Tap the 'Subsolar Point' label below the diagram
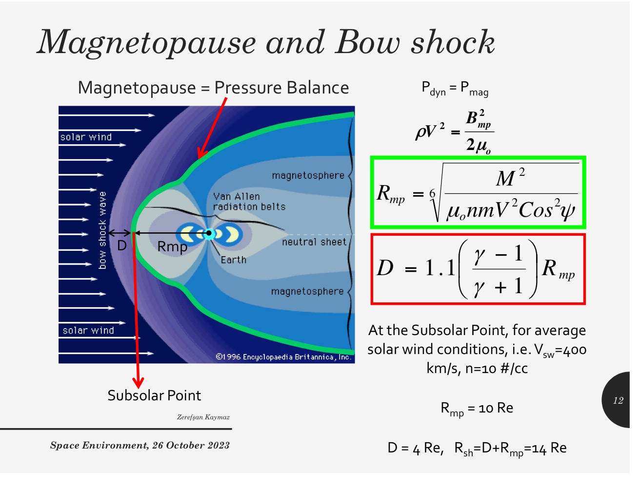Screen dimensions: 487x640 tap(154, 395)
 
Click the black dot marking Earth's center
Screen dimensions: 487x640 tap(209, 233)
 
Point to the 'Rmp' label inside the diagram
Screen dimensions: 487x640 tap(172, 247)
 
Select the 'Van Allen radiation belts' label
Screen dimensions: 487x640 tap(249, 201)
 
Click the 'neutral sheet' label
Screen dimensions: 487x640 tap(314, 242)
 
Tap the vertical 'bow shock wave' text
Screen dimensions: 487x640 tap(102, 230)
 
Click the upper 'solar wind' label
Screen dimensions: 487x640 tap(86, 137)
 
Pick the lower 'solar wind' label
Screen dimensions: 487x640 tap(88, 330)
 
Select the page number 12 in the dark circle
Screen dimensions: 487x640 tap(618, 400)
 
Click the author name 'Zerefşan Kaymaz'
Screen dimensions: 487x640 tap(203, 417)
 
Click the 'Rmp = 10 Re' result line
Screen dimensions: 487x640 tap(477, 409)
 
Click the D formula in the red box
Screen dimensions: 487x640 tap(478, 269)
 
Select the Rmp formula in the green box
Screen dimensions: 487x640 tap(478, 193)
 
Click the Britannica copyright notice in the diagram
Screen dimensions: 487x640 tap(283, 357)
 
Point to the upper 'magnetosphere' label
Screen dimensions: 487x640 tap(308, 175)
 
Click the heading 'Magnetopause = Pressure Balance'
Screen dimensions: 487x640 tap(213, 88)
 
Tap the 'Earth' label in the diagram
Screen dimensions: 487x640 tap(233, 260)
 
